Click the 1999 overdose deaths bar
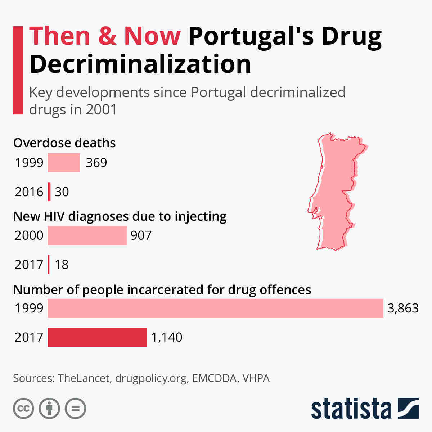click(64, 162)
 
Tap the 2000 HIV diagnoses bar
click(87, 235)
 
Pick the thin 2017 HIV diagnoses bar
click(49, 265)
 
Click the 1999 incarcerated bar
click(215, 308)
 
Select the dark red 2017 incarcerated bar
click(97, 337)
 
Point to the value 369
click(96, 163)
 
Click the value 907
click(141, 235)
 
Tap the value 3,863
click(403, 308)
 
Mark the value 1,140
click(167, 337)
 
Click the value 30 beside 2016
click(62, 192)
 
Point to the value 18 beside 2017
click(62, 265)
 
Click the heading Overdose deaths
click(64, 143)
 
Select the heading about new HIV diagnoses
click(120, 216)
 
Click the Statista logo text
click(351, 409)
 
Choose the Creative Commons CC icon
click(23, 409)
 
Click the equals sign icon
click(75, 409)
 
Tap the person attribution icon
click(49, 409)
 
